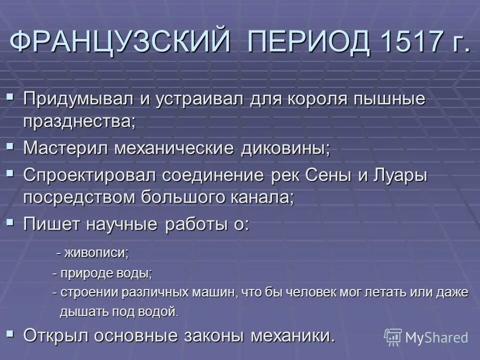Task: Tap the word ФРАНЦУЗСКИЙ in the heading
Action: click(120, 43)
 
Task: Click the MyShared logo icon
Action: click(393, 337)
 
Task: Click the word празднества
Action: click(79, 121)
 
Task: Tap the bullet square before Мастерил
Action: click(11, 147)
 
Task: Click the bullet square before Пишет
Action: click(11, 222)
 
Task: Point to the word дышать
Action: click(79, 312)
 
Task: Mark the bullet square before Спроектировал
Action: click(11, 173)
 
